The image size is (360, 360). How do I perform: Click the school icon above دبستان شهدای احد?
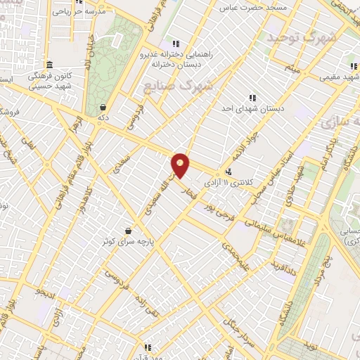click(252, 98)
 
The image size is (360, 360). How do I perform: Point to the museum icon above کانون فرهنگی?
click(50, 63)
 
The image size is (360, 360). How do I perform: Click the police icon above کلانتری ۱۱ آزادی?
click(229, 172)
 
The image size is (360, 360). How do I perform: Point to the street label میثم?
click(291, 67)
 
